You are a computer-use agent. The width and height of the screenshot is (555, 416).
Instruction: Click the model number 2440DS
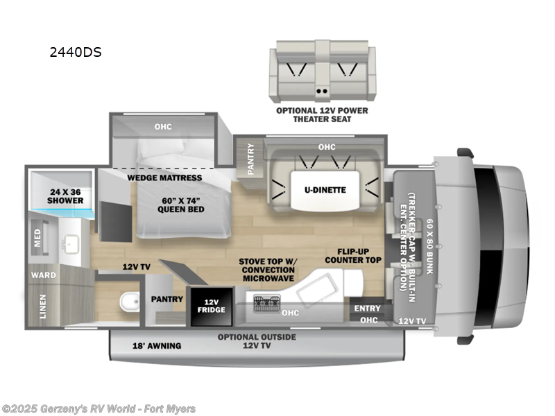(x=76, y=51)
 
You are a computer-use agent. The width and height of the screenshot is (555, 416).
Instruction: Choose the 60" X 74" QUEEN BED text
(x=179, y=205)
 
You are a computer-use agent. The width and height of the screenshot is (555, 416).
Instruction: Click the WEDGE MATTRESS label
(x=164, y=177)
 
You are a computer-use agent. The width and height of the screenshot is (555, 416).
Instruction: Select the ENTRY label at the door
(x=367, y=309)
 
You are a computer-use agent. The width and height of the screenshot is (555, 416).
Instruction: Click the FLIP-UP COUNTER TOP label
(x=359, y=255)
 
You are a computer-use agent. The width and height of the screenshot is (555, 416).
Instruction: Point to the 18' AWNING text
(x=157, y=345)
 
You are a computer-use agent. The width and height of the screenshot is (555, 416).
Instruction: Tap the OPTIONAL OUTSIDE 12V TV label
(x=257, y=341)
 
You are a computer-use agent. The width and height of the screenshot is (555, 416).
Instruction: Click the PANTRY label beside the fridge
(x=166, y=300)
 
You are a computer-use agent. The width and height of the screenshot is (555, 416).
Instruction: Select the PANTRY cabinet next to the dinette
(x=250, y=159)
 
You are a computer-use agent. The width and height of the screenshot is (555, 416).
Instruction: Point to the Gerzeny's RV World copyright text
(x=99, y=409)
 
